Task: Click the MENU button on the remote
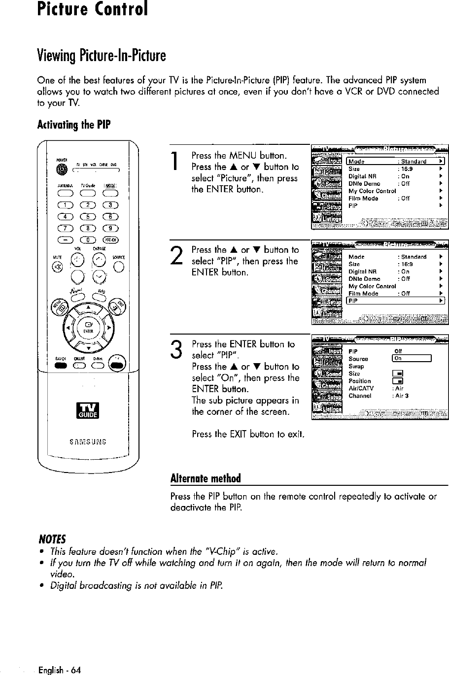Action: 63,308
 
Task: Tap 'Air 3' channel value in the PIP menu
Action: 400,395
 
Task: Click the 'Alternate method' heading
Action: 206,479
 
